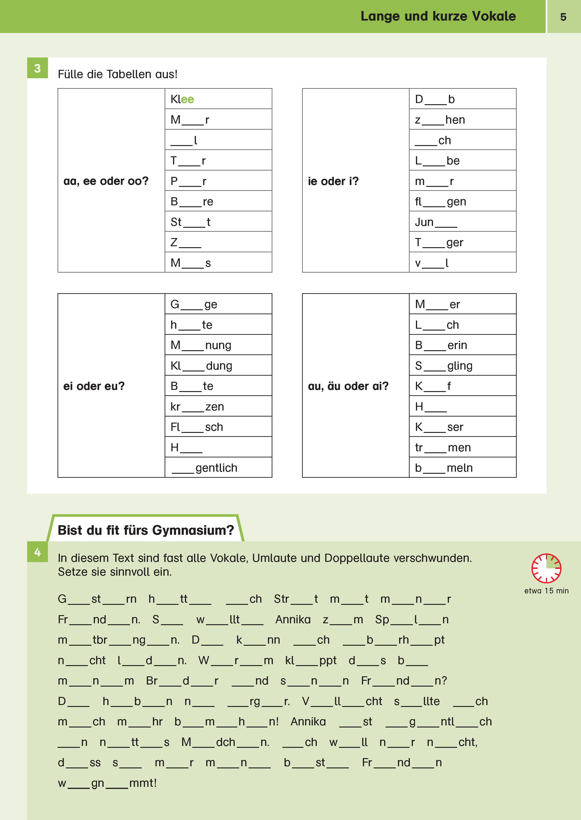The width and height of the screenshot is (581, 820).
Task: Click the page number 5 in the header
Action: point(563,17)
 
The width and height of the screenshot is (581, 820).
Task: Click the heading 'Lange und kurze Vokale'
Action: point(438,16)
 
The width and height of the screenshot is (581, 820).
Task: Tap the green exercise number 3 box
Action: point(37,68)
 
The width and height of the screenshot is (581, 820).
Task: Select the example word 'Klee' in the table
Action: point(182,99)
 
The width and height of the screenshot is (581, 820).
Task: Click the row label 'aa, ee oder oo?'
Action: point(106,181)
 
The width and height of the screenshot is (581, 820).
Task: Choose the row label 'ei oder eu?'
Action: point(94,386)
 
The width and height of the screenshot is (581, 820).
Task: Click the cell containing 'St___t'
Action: point(218,222)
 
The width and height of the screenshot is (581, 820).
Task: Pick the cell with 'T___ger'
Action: point(462,242)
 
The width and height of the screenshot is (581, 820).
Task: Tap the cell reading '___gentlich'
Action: point(218,467)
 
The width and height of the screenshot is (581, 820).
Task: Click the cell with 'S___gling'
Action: point(462,365)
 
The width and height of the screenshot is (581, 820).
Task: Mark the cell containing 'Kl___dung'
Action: point(218,365)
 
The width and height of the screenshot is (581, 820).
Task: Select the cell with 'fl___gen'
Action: point(462,201)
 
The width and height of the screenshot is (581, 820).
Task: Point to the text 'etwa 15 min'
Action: point(546,591)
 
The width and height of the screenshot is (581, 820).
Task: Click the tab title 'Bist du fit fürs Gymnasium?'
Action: point(146,530)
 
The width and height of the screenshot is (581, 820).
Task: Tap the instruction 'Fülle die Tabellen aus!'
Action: point(117,74)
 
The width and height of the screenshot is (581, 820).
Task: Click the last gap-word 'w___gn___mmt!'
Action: point(107,783)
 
